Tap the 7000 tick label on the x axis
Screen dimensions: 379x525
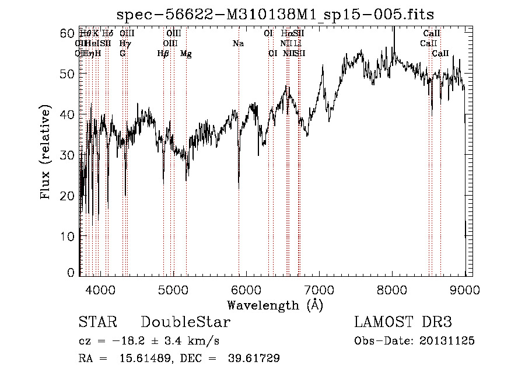click(319, 289)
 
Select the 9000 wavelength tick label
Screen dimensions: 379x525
click(465, 289)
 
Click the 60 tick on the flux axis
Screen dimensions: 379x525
click(69, 33)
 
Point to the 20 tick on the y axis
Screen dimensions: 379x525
click(69, 196)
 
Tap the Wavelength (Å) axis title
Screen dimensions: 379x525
click(275, 305)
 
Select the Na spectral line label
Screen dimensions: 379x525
click(238, 44)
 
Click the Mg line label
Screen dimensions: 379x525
click(185, 54)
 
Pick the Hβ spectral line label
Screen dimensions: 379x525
click(163, 54)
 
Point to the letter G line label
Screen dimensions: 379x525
click(123, 54)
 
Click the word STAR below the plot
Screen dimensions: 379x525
click(97, 322)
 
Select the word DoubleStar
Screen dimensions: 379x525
click(185, 322)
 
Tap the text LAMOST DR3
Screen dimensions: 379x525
click(402, 322)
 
